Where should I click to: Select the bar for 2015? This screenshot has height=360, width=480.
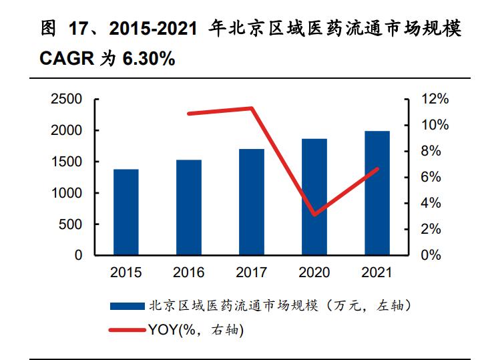pos(126,212)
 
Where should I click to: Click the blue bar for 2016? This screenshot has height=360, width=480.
pos(189,207)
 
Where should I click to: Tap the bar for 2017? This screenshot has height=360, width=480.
pos(252,202)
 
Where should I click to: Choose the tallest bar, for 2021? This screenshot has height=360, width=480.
pos(377,193)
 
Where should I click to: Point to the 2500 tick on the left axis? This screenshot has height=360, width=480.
pos(67,100)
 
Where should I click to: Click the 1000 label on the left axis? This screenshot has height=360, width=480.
pos(67,193)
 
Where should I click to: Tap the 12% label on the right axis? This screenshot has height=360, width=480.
pos(435,100)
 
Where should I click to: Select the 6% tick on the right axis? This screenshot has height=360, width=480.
pos(431,178)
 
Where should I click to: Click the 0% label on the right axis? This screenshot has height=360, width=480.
pos(431,256)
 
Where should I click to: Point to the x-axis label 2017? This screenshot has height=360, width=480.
pos(252,273)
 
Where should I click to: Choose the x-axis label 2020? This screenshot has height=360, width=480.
pos(314,273)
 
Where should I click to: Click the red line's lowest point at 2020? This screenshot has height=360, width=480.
pos(314,214)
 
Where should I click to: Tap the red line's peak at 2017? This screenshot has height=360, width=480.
pos(252,108)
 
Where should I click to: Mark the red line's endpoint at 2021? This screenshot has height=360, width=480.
pos(377,169)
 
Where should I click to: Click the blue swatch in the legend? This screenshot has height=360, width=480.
pos(127,306)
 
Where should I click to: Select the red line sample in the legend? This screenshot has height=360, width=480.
pos(127,329)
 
